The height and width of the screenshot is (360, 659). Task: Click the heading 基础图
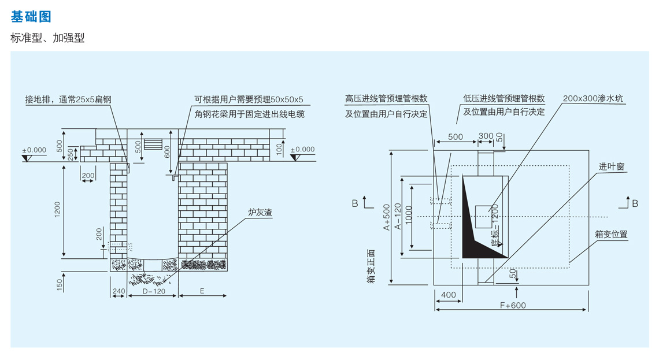(x=31, y=17)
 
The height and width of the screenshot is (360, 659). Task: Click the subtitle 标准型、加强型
(x=47, y=38)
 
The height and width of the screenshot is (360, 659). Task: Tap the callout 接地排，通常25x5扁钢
(x=68, y=99)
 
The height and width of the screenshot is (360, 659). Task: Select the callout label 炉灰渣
(x=260, y=213)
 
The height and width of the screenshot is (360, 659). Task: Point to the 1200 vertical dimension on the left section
(x=57, y=211)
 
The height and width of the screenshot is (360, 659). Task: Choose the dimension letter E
(x=202, y=291)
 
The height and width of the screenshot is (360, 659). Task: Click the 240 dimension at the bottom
(x=119, y=291)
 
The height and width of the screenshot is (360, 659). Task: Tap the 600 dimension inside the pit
(x=166, y=151)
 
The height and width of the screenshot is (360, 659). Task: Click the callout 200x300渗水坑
(x=594, y=99)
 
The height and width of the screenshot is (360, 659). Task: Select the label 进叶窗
(x=611, y=166)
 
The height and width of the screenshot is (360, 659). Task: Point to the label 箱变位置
(x=611, y=234)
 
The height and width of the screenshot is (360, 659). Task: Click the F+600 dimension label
(x=512, y=305)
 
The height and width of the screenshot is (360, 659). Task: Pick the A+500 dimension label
(x=387, y=217)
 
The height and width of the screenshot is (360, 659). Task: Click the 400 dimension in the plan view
(x=448, y=295)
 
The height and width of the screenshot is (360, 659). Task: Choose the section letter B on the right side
(x=635, y=203)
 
